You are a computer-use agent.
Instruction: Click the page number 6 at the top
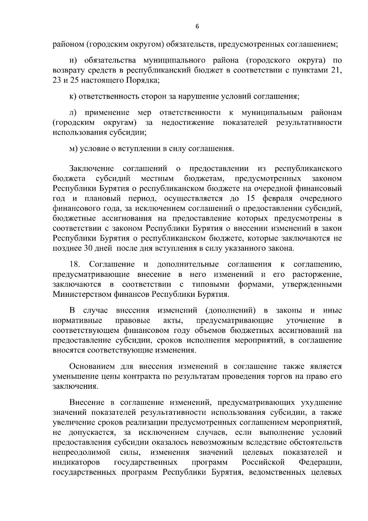(x=197, y=27)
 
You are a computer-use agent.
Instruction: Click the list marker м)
(x=73, y=149)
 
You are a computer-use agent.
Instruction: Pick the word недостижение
(x=188, y=123)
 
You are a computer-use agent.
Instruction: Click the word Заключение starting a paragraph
(x=92, y=169)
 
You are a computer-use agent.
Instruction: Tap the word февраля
(x=278, y=199)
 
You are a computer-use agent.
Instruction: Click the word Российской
(x=263, y=462)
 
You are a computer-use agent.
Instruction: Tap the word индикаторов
(x=76, y=462)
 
